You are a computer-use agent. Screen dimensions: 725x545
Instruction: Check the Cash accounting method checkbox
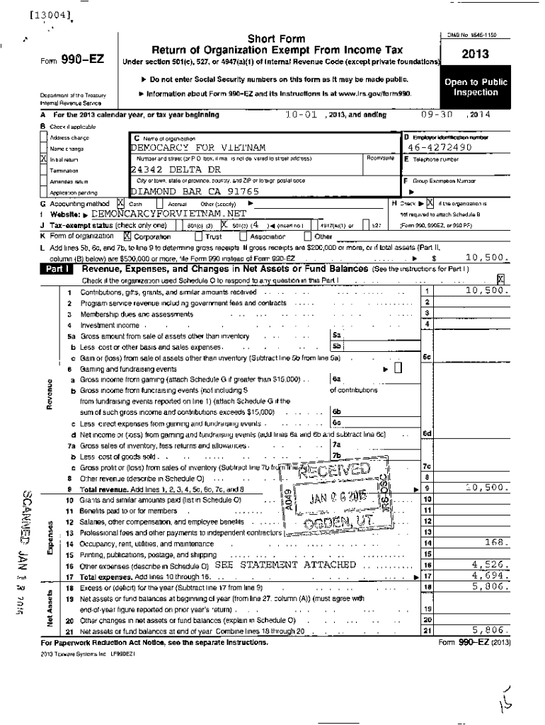click(x=120, y=202)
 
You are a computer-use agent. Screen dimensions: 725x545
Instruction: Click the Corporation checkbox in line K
click(x=127, y=236)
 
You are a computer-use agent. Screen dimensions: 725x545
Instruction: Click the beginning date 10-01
click(x=299, y=115)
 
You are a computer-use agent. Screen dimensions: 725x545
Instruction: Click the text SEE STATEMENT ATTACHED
click(x=285, y=565)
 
